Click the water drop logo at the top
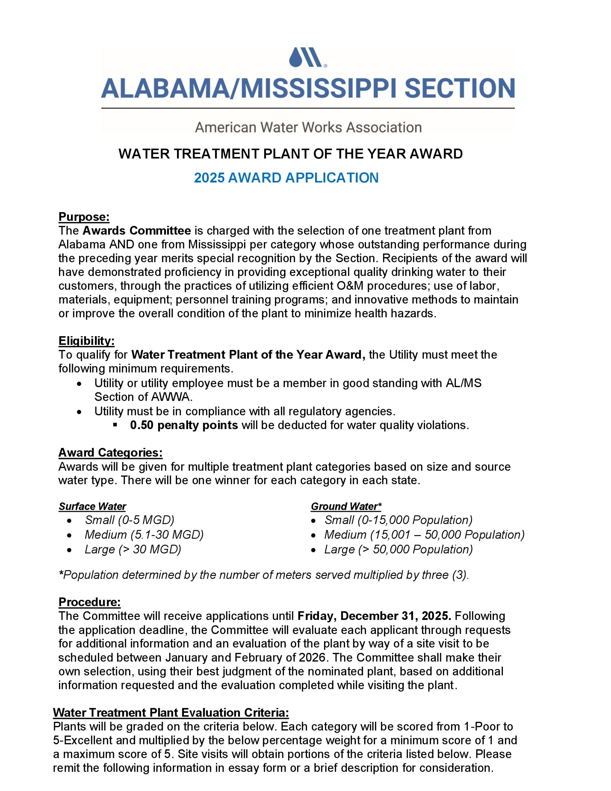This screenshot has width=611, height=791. click(307, 57)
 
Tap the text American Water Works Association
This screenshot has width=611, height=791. click(308, 127)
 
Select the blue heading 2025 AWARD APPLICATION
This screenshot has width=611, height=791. click(286, 177)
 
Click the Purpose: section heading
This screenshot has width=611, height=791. click(84, 217)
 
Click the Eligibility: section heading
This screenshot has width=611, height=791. click(86, 341)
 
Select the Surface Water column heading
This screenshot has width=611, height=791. click(92, 506)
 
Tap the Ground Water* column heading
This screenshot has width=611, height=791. click(346, 506)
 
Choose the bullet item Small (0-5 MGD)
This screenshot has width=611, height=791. click(129, 520)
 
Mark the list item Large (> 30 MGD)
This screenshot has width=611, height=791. click(133, 549)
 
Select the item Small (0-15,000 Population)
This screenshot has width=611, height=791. click(398, 520)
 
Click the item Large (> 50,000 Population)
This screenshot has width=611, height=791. click(398, 549)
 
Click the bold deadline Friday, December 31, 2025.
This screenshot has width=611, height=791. click(374, 616)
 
